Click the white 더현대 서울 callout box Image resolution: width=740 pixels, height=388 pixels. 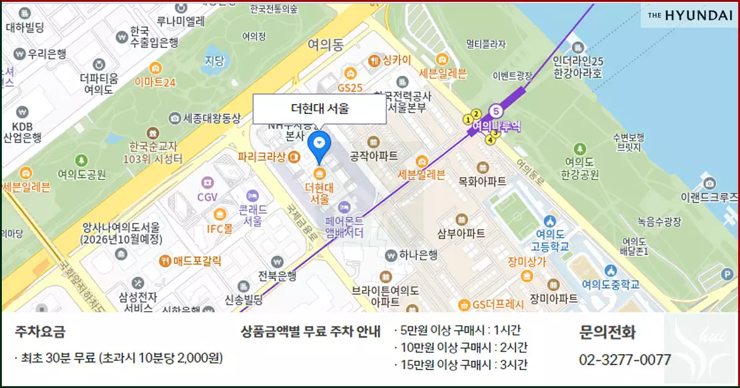point(319,110)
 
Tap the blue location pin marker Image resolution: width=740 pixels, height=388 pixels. point(319,145)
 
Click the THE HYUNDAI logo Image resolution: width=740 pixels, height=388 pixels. point(690,16)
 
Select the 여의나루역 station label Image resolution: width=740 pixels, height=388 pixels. point(496,126)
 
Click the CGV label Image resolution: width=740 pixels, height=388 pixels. point(208,197)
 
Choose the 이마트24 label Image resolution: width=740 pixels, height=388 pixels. point(155,82)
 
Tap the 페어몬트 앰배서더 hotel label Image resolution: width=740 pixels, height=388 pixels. point(343,226)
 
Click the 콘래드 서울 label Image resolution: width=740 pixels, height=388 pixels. point(253,214)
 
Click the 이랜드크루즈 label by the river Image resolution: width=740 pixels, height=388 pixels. point(709,197)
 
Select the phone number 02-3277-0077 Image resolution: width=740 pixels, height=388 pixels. point(624,360)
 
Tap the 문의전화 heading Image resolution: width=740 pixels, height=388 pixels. point(607,332)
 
